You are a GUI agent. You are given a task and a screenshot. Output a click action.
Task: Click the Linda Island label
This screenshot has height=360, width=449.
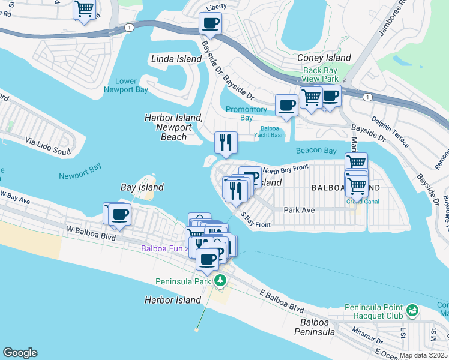[x=176, y=59]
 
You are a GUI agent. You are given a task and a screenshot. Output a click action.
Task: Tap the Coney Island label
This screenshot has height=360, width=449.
[x=324, y=58]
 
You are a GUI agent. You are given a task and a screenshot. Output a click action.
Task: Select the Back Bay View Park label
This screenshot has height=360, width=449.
[x=321, y=74]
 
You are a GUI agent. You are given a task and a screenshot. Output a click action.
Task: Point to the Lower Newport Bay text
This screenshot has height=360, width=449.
[x=126, y=85]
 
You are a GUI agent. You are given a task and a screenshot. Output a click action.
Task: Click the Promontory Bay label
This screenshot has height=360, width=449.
[x=246, y=113]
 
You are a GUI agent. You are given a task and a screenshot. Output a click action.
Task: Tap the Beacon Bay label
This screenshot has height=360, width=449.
[x=316, y=151]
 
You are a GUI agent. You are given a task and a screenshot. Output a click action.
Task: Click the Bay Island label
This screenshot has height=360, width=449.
[x=142, y=187]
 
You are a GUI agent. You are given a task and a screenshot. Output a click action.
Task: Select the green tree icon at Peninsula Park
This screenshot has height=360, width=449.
[x=220, y=280]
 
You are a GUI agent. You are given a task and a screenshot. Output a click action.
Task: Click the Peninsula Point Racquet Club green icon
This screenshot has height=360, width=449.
[x=412, y=310]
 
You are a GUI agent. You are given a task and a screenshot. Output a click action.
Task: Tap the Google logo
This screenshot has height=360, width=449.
[x=20, y=353]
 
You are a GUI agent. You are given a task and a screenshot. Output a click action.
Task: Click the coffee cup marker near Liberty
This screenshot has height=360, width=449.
[x=210, y=23]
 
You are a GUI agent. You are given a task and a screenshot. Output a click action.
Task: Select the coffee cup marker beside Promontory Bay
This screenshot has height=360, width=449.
[x=286, y=105]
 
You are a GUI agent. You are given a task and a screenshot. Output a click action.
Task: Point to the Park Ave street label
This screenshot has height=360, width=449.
[x=299, y=210]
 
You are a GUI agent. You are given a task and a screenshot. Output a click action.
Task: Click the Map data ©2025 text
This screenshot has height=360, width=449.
[x=423, y=355]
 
